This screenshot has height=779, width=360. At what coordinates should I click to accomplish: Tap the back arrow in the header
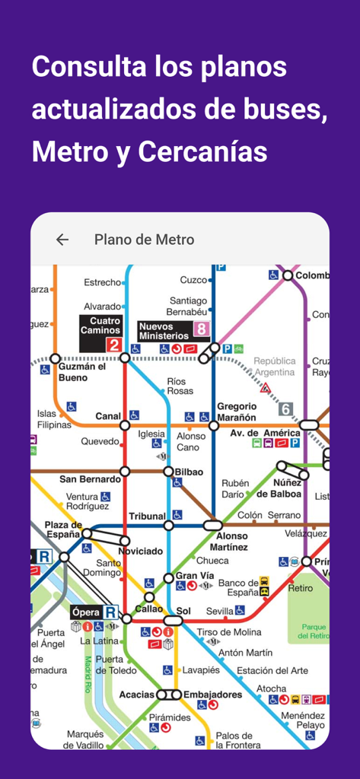[62, 240]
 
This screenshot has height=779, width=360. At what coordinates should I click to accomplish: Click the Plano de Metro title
[144, 240]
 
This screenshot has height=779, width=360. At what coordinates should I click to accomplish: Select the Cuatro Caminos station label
[100, 326]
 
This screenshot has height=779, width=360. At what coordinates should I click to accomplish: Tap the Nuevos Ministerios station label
[163, 331]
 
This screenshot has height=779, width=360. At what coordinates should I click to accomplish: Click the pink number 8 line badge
[201, 329]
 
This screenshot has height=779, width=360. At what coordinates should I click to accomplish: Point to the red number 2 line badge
[113, 345]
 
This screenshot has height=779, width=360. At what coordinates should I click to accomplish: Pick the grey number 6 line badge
[286, 409]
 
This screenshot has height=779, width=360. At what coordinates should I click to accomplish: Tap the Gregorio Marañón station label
[237, 411]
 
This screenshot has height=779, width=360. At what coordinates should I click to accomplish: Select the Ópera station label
[86, 612]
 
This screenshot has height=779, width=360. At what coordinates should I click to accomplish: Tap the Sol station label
[183, 610]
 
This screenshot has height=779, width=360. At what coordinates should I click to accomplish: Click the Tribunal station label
[147, 516]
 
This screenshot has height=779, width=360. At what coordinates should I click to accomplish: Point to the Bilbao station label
[189, 472]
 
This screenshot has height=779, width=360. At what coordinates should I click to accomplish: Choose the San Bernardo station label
[90, 479]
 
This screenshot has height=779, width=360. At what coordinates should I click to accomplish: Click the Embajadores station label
[212, 694]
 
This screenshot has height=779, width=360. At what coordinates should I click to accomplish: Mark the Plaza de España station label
[62, 529]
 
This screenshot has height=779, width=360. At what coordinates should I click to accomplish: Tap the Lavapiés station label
[201, 670]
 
